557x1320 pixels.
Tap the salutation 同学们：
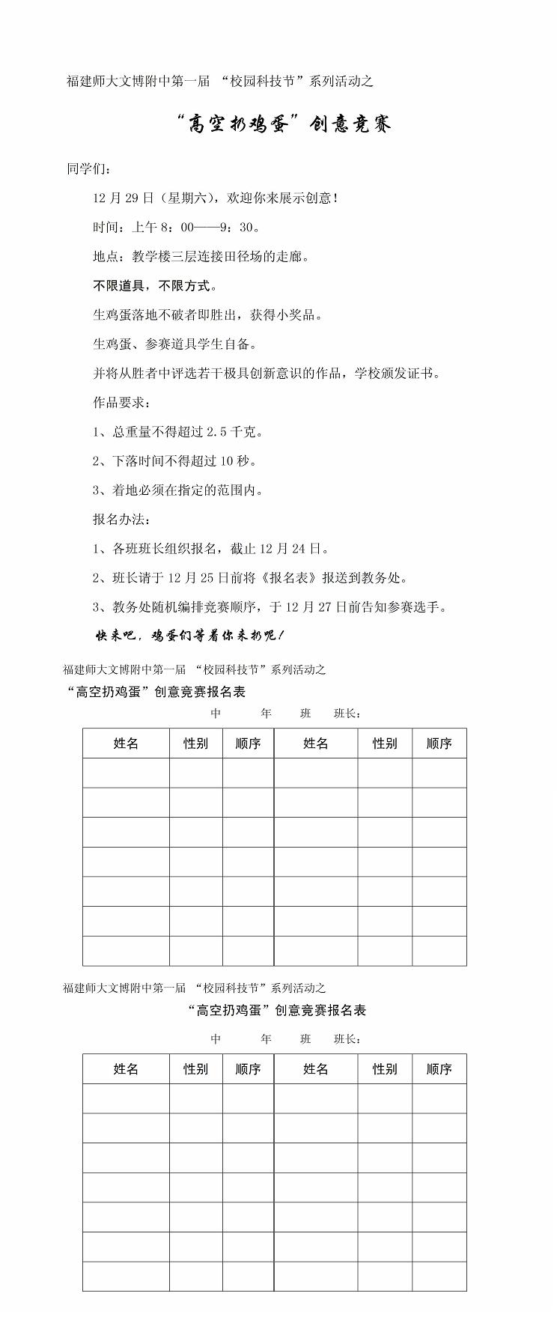tap(89, 169)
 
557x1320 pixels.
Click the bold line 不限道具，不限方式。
tap(156, 286)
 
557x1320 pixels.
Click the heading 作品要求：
tap(121, 403)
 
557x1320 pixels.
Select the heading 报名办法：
tap(121, 520)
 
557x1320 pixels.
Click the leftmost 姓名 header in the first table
tap(126, 743)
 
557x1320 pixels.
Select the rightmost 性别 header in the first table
tap(385, 743)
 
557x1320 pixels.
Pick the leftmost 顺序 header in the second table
tap(248, 1069)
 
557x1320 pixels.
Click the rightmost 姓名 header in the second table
tap(316, 1069)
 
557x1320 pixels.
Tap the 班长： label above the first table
tap(347, 714)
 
